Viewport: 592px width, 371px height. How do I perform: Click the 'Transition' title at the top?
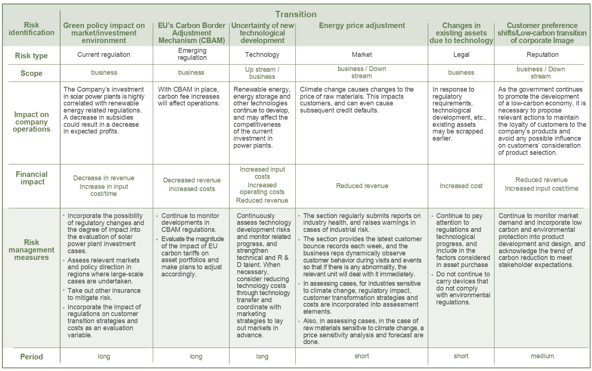point(295,14)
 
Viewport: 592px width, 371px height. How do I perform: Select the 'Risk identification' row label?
point(31,29)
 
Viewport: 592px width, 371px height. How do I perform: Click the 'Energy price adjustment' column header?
point(362,25)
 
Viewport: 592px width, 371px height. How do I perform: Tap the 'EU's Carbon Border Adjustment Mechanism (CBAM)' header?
point(192,33)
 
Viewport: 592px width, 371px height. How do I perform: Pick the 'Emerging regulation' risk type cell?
point(192,54)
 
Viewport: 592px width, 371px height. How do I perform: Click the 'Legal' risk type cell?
point(461,55)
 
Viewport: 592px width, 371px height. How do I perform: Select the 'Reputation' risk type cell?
point(542,55)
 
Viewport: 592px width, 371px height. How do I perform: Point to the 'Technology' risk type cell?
point(262,55)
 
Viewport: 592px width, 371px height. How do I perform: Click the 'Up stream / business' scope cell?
point(262,73)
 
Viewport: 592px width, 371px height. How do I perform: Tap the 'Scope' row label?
point(31,73)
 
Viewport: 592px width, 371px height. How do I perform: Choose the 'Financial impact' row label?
point(32,178)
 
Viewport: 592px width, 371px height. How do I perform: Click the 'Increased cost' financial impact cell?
point(461,186)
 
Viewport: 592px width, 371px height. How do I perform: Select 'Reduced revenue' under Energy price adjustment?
point(362,186)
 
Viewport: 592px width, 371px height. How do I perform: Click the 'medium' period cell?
point(542,356)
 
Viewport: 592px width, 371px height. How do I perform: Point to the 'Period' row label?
point(31,357)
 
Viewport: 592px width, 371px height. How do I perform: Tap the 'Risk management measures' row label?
point(31,250)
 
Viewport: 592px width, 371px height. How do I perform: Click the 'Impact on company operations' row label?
point(31,122)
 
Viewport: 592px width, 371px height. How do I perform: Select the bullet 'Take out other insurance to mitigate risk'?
point(104,294)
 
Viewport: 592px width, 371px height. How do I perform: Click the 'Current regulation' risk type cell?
point(104,55)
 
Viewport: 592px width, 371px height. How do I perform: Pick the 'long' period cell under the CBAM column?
point(196,356)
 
